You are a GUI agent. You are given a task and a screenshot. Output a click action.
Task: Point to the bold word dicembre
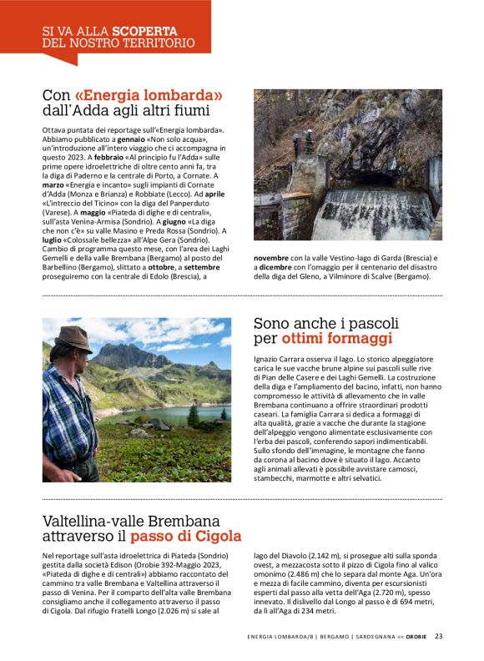coord(275,267)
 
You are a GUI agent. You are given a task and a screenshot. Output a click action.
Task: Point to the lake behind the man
coord(167,414)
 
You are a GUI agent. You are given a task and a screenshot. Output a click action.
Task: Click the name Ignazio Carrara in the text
coord(280,358)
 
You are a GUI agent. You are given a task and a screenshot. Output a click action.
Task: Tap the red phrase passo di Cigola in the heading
coord(191,536)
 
